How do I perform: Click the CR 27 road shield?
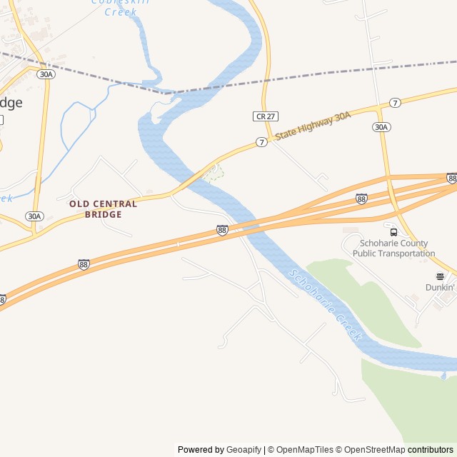tap(264, 116)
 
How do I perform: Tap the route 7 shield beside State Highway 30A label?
tap(262, 142)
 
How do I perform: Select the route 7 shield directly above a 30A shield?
tap(395, 103)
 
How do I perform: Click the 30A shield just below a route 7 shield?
tap(381, 127)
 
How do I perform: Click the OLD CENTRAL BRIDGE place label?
tap(103, 209)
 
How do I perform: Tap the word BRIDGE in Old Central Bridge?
tap(103, 214)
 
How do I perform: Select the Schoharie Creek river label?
tap(326, 303)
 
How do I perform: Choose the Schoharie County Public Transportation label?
tap(393, 248)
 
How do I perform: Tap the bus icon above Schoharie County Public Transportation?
tap(393, 232)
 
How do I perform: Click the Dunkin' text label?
tap(440, 287)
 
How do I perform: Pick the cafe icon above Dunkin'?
tap(440, 276)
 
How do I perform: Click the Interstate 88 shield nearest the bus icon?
tap(362, 199)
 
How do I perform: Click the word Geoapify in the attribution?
tap(243, 450)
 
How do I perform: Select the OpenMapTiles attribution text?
tap(305, 450)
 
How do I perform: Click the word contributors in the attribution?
tap(431, 450)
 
